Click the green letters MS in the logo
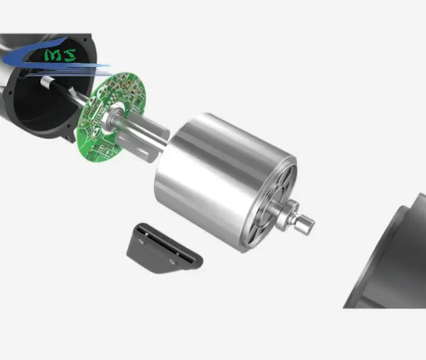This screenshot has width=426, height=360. click(x=60, y=55)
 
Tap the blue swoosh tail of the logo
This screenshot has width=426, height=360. click(x=68, y=65)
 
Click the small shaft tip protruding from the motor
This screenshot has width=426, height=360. click(x=306, y=224)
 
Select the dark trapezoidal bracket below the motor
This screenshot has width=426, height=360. click(x=164, y=248)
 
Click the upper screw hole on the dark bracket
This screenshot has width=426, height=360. click(x=141, y=240)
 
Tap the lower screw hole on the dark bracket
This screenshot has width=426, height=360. click(x=172, y=262)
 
